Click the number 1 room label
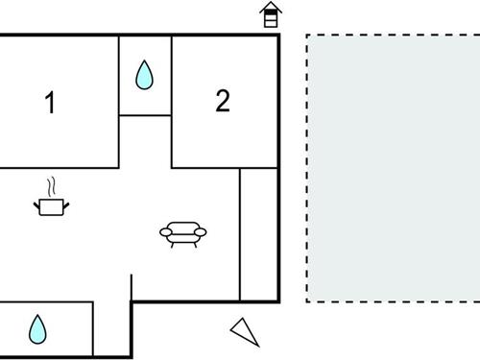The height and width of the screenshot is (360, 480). pos(50,103)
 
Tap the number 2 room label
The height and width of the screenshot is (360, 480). pos(223,101)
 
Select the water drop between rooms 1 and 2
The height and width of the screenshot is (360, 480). pos(144,75)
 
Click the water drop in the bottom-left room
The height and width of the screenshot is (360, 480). pos(37,329)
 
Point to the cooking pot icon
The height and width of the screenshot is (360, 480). pos(50,204)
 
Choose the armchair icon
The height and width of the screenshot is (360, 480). pos(182,233)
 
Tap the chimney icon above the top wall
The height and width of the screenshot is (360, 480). pos(272,15)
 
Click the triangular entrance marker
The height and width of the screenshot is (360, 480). pos(246,331)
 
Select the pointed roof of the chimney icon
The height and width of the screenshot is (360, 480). pos(272,8)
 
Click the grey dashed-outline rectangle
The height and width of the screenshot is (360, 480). pos(394,168)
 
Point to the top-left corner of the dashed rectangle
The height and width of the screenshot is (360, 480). pos(307,36)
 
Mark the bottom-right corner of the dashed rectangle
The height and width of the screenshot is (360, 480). pos(478,302)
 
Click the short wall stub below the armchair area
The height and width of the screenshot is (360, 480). pos(132,286)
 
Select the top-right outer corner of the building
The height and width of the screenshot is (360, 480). pos(278,36)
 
